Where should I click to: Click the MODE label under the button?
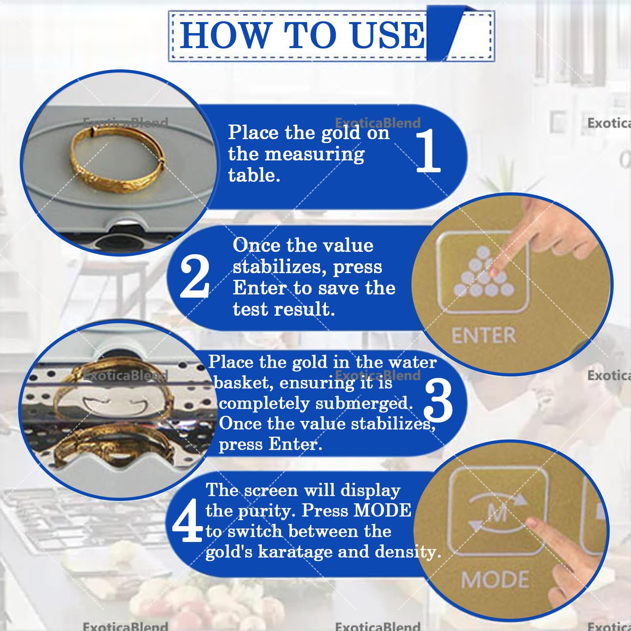[x=495, y=580]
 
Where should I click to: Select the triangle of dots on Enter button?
[x=483, y=272]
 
